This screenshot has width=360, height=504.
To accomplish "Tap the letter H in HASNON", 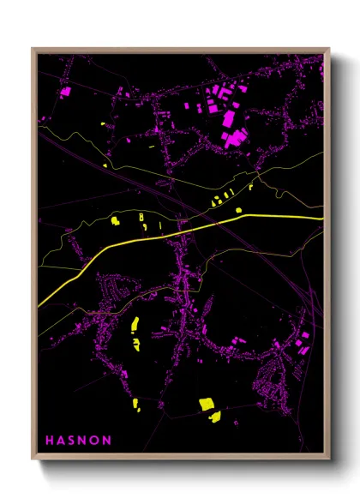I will pos(50,440).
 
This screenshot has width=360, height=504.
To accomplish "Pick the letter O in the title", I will pos(95,440).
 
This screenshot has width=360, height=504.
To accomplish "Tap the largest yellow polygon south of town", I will pos(207,404).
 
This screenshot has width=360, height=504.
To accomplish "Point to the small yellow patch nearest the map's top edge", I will pos(105,126).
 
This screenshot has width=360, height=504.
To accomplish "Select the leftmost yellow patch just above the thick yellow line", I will pos(114,222).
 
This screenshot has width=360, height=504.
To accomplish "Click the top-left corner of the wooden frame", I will pos(33,49).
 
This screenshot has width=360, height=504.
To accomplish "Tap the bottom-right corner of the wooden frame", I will pos(330,460).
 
